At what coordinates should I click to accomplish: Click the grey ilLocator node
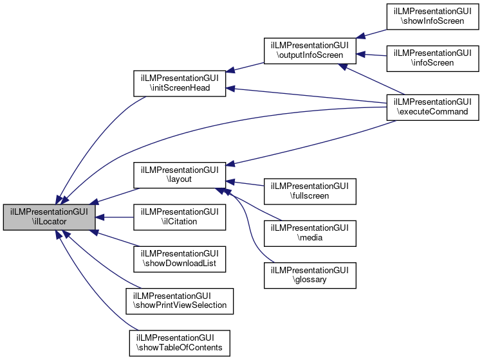pyautogui.click(x=50, y=217)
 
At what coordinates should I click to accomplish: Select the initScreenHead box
pyautogui.click(x=179, y=83)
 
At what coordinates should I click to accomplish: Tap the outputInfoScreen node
pyautogui.click(x=310, y=50)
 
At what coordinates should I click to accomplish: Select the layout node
pyautogui.click(x=179, y=175)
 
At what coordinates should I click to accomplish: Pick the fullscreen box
pyautogui.click(x=310, y=191)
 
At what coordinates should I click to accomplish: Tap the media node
pyautogui.click(x=310, y=233)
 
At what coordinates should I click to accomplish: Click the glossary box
pyautogui.click(x=310, y=275)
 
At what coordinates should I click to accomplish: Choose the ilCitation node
pyautogui.click(x=179, y=217)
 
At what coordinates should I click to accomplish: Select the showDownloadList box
pyautogui.click(x=179, y=257)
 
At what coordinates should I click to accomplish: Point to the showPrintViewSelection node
pyautogui.click(x=179, y=300)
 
